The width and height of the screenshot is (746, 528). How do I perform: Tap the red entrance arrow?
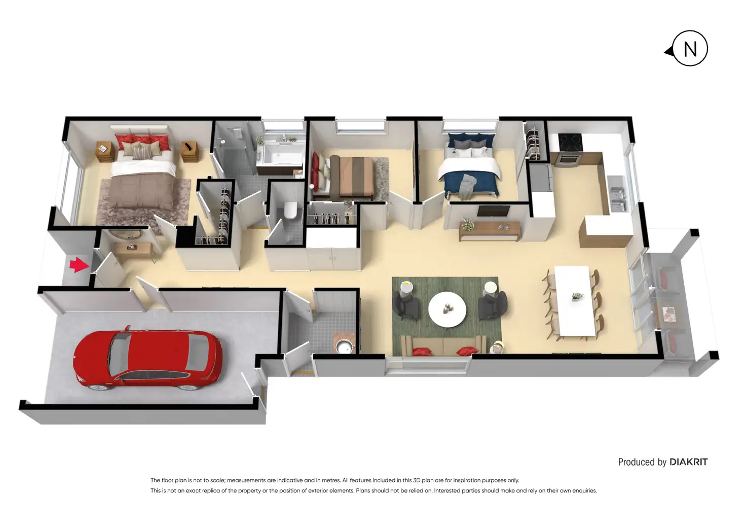pyautogui.click(x=79, y=265)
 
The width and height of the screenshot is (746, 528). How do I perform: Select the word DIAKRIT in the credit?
pyautogui.click(x=688, y=462)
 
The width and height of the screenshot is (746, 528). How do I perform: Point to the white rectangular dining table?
pyautogui.click(x=575, y=301)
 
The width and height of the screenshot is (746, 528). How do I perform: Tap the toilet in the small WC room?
pyautogui.click(x=290, y=210)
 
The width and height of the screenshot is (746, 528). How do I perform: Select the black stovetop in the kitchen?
pyautogui.click(x=570, y=143)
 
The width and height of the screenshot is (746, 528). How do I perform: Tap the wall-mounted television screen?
pyautogui.click(x=494, y=211)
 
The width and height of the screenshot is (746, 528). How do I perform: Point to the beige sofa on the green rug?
pyautogui.click(x=443, y=345)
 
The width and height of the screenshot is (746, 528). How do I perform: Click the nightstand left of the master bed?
pyautogui.click(x=105, y=152)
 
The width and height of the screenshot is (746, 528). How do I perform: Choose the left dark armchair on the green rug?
pyautogui.click(x=405, y=304)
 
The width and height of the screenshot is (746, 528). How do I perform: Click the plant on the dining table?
pyautogui.click(x=577, y=296)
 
